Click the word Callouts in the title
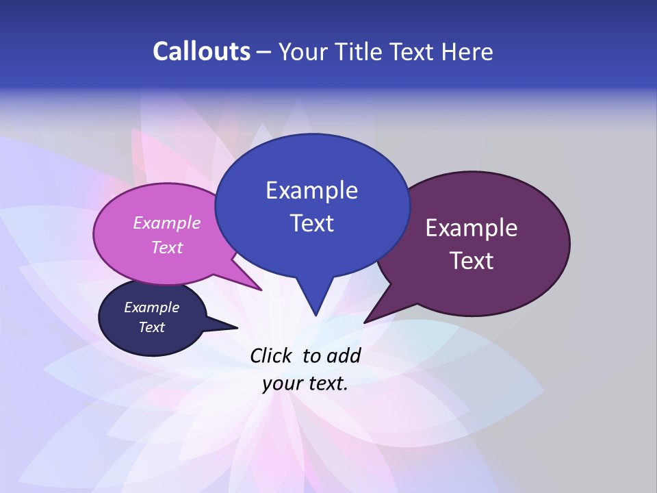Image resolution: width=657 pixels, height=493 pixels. tap(201, 51)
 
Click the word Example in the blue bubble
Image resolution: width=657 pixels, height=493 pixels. tap(311, 190)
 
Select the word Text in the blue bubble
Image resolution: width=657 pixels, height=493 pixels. tap(311, 223)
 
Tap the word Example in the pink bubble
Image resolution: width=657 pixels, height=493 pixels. tap(167, 223)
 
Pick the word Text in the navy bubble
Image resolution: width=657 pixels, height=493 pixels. tap(152, 327)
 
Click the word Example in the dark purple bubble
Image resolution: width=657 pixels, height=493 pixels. tap(472, 228)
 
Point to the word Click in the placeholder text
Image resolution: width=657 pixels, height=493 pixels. tap(272, 355)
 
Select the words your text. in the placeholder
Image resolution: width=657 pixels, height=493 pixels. tap(305, 383)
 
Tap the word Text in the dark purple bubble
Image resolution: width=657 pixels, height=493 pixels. tap(472, 261)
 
